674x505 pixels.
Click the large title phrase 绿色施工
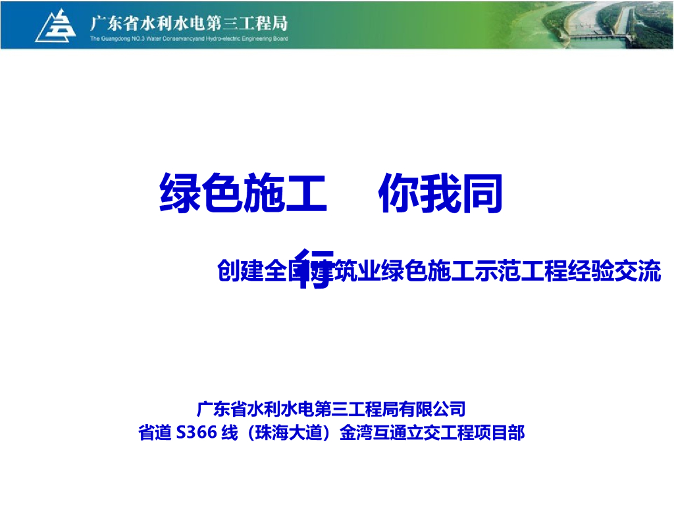[x=243, y=193]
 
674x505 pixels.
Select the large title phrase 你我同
[x=440, y=193]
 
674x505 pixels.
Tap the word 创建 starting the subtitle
[x=235, y=272]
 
